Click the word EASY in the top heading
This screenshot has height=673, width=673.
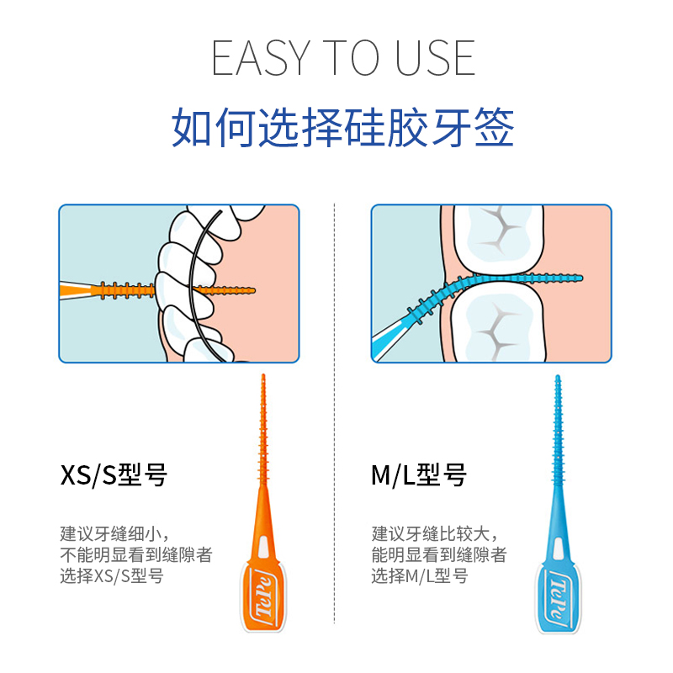click(261, 58)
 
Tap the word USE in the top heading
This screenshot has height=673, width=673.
click(435, 58)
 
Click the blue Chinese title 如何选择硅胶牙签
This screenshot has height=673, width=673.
click(343, 128)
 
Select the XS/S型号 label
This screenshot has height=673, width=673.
click(114, 475)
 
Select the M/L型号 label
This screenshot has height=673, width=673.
click(419, 475)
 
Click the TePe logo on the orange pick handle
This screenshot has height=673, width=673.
click(263, 596)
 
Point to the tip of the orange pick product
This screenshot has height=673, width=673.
click(263, 375)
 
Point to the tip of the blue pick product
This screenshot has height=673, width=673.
click(558, 376)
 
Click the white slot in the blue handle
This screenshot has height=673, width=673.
click(558, 548)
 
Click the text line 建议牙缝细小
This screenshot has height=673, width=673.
click(114, 534)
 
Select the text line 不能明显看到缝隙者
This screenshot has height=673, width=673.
click(136, 555)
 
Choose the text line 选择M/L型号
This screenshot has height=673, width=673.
click(419, 576)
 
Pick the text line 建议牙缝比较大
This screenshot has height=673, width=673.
click(435, 534)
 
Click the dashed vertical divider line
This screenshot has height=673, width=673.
click(334, 413)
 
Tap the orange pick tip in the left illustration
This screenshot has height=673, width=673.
click(252, 291)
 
